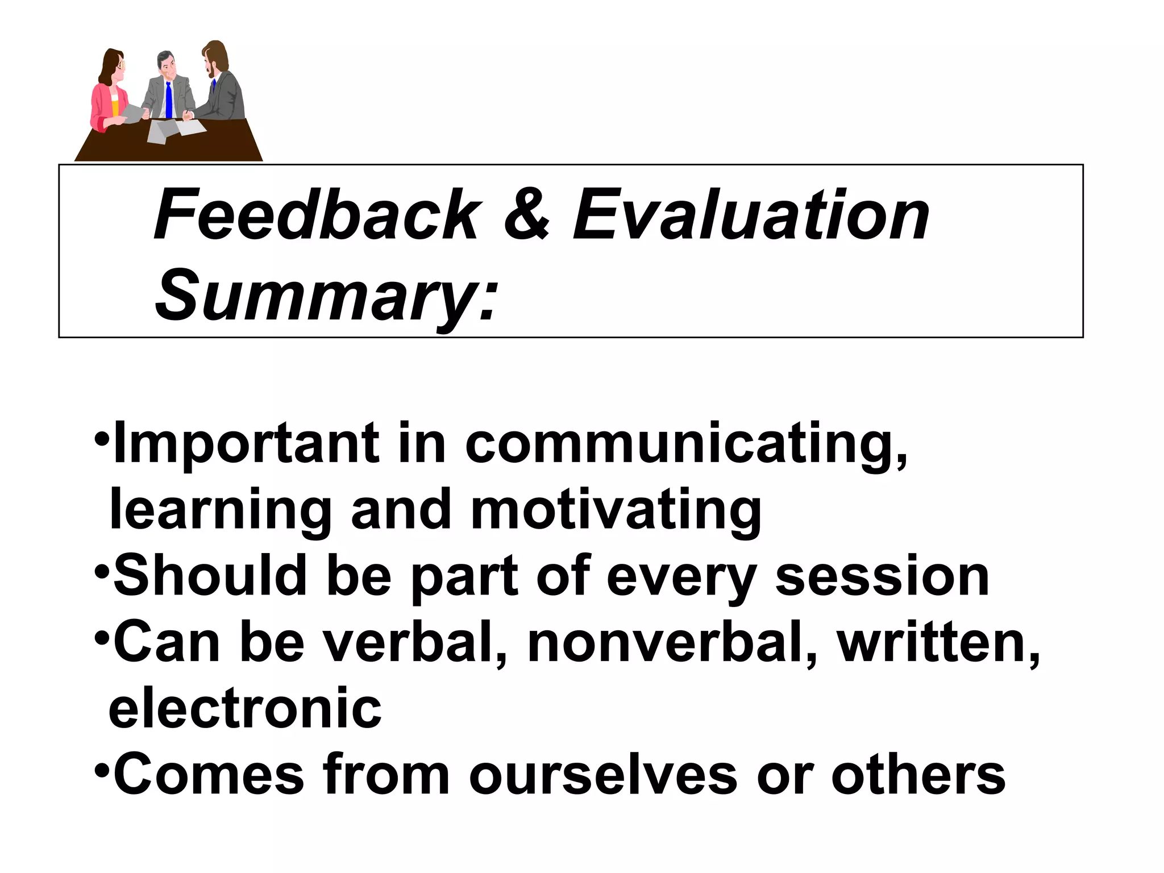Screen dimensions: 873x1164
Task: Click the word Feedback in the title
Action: [x=317, y=216]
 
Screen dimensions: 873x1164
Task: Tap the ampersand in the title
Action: [x=526, y=216]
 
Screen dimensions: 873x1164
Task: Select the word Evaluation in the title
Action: [x=750, y=216]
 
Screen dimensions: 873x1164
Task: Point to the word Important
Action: [x=246, y=444]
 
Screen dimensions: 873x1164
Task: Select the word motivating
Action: [x=616, y=510]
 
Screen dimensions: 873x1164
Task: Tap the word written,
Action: [x=938, y=643]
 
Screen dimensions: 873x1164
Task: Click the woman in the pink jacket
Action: [x=110, y=94]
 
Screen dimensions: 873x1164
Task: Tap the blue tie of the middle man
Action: [x=169, y=101]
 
